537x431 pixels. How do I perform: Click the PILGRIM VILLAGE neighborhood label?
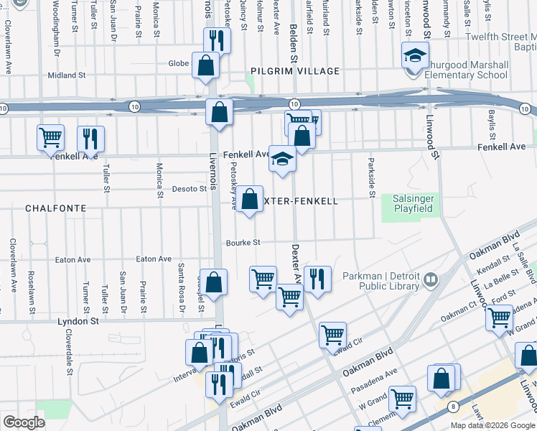(x=295, y=71)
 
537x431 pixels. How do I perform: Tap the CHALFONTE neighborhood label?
(x=55, y=208)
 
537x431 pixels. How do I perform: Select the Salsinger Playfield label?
(x=414, y=203)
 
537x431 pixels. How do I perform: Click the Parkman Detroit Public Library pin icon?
(x=431, y=279)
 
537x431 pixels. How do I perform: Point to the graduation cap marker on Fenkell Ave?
(x=283, y=159)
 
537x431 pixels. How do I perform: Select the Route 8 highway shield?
(x=453, y=406)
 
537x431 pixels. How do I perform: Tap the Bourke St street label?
(x=243, y=243)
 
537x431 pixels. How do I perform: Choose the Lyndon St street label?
(x=78, y=321)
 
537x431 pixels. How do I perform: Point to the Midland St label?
(x=66, y=75)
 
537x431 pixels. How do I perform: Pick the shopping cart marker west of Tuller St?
(x=50, y=136)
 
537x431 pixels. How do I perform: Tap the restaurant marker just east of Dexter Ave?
(x=317, y=278)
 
